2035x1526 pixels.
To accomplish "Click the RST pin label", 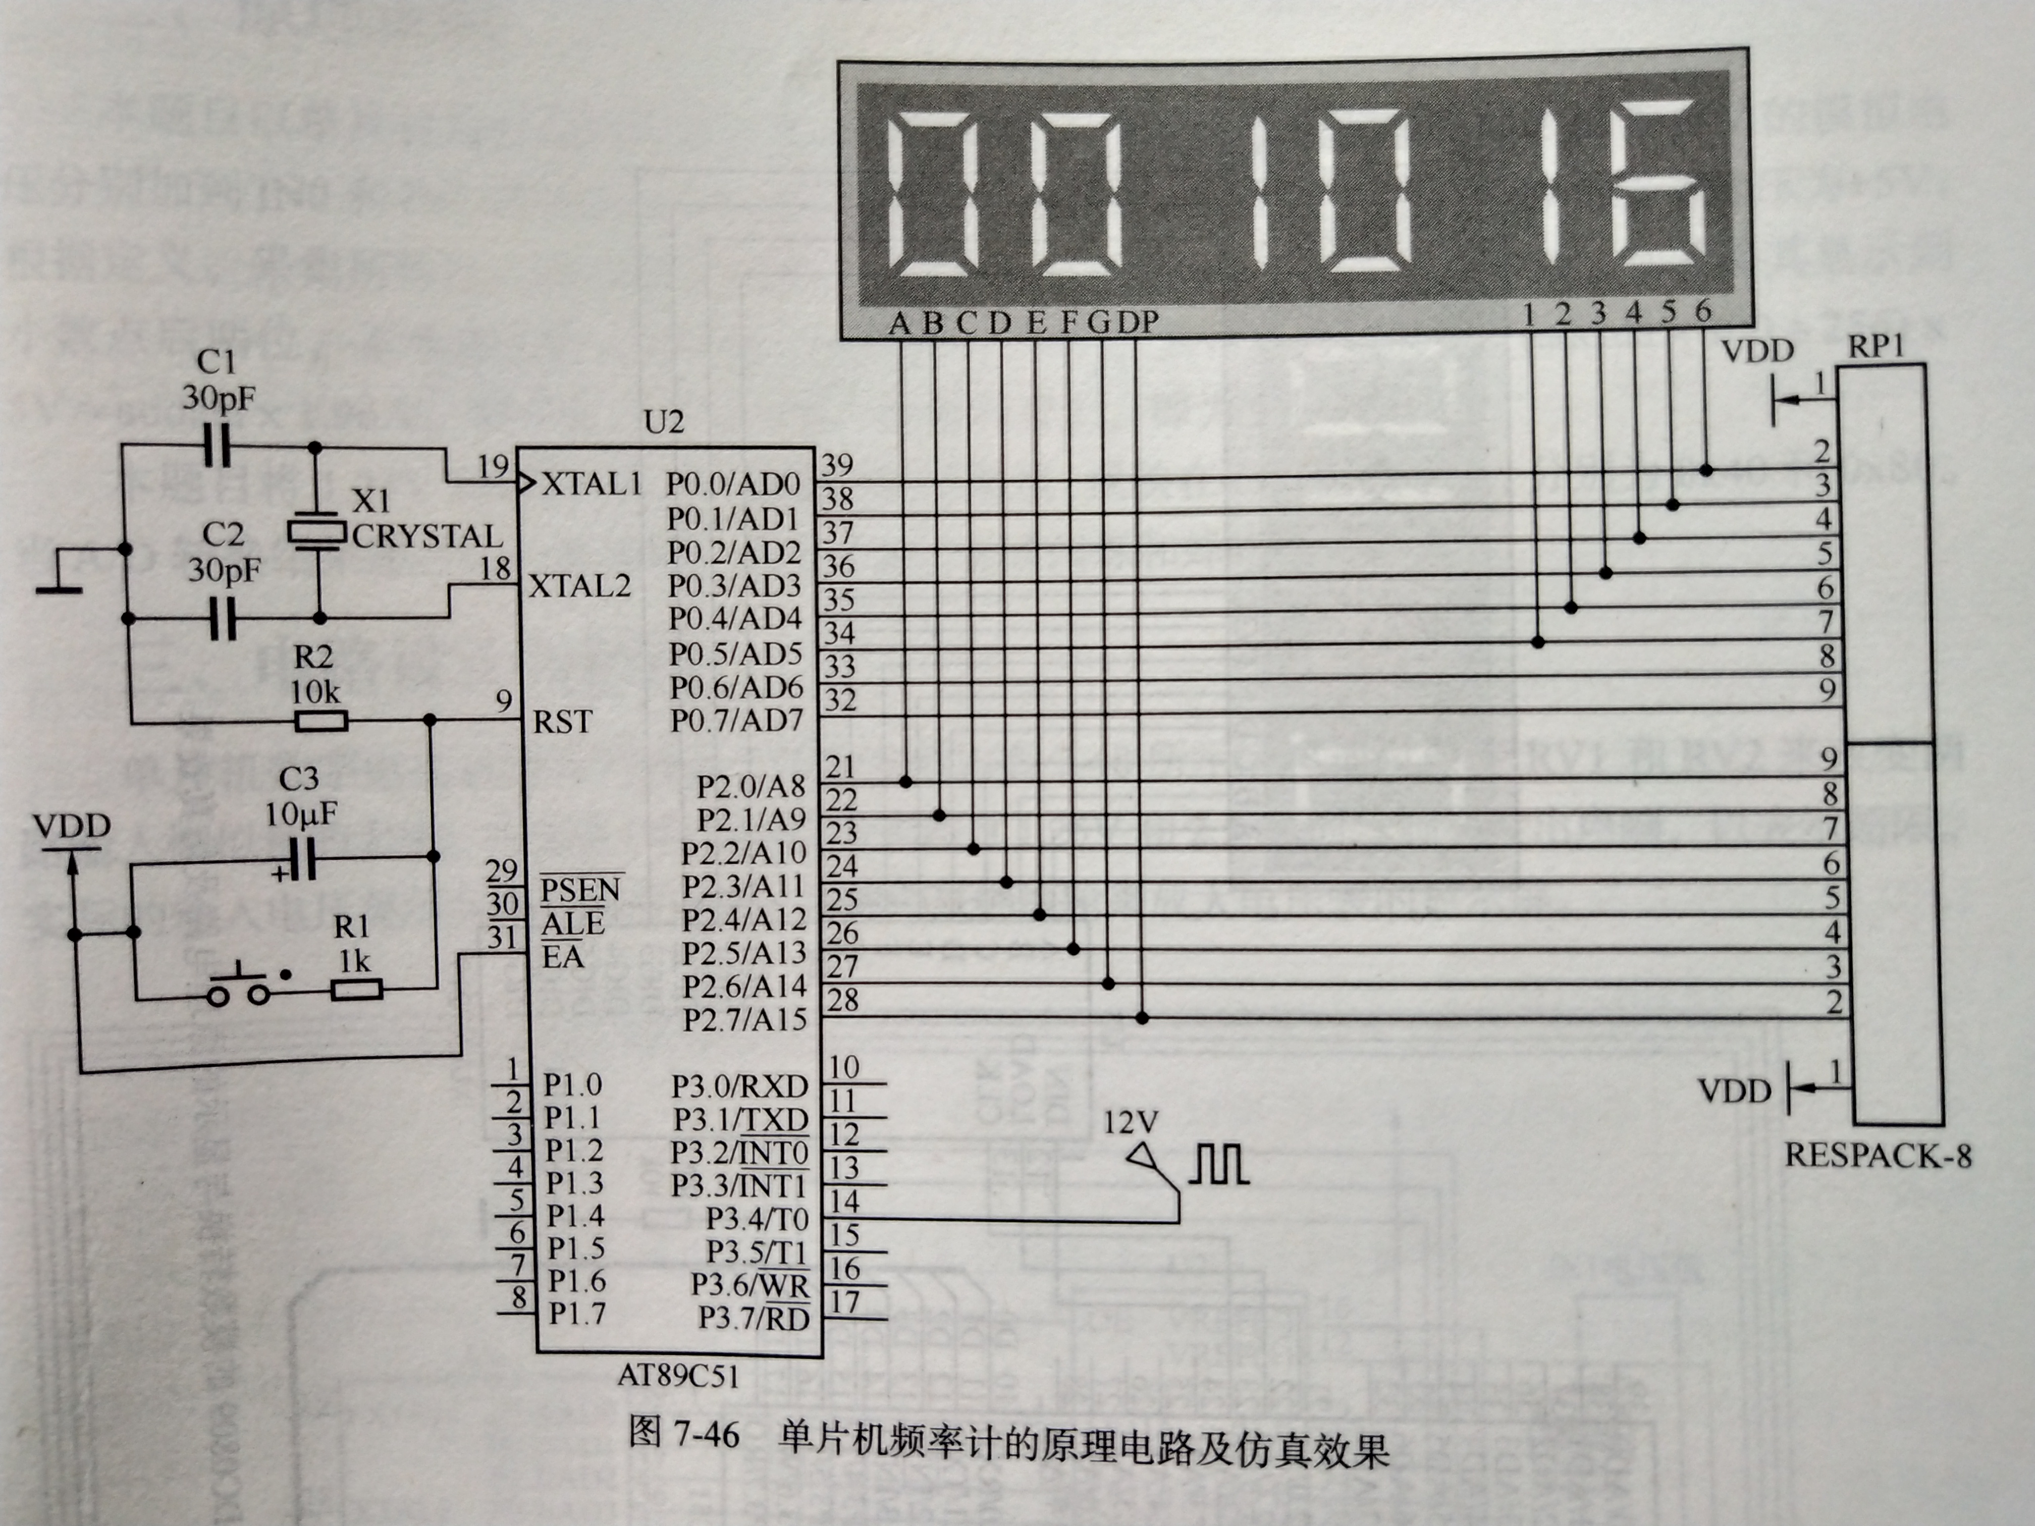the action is pyautogui.click(x=562, y=722).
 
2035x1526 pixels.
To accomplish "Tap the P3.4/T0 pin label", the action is pyautogui.click(x=756, y=1219).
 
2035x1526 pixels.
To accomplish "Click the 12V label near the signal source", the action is pyautogui.click(x=1131, y=1122).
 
